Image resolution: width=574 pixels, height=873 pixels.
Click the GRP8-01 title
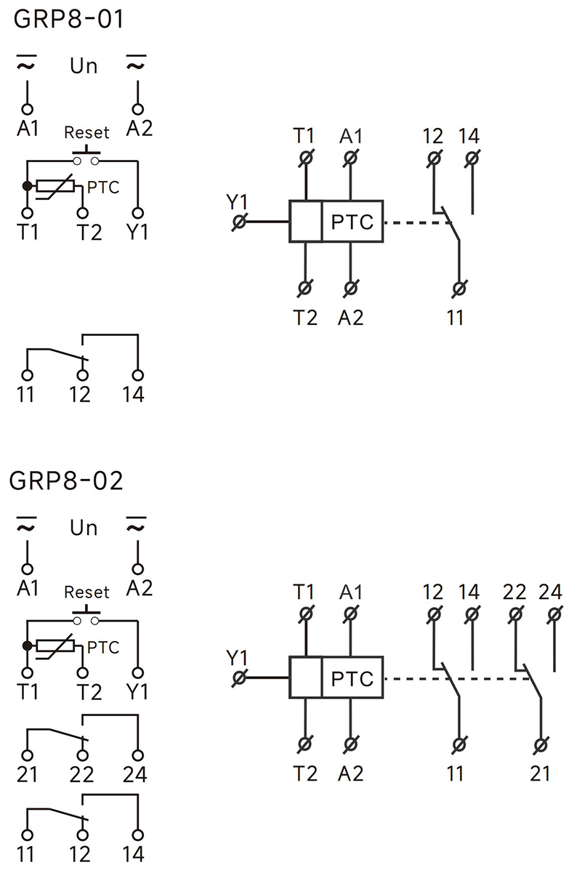point(68,19)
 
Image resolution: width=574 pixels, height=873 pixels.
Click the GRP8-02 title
point(66,480)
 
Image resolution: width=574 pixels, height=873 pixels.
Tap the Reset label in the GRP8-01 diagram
point(86,133)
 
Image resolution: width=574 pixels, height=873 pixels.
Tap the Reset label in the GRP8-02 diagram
point(86,592)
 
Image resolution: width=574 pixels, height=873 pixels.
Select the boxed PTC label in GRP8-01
point(352,221)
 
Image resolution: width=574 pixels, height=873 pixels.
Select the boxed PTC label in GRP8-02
point(352,679)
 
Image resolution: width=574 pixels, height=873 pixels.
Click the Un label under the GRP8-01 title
point(84,65)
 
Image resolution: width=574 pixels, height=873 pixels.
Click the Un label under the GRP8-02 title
point(84,527)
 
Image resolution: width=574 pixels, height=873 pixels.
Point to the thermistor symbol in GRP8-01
point(57,187)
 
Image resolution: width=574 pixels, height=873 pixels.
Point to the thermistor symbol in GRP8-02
point(57,646)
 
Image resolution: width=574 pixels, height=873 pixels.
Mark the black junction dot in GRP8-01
point(28,187)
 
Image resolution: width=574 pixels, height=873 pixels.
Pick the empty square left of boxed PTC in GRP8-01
point(306,221)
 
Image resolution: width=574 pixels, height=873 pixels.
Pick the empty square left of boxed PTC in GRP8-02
point(306,679)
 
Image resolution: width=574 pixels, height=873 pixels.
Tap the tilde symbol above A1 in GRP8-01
point(28,66)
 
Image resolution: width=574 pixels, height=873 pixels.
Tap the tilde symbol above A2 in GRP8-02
point(136,527)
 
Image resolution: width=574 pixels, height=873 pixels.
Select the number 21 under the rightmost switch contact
point(540,773)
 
